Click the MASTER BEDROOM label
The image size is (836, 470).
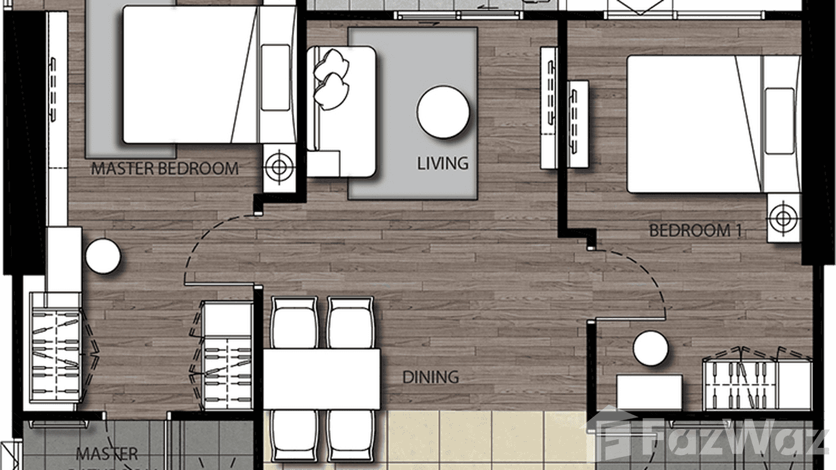coord(164,168)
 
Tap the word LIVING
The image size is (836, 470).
coord(442,164)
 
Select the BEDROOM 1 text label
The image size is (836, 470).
coord(695,231)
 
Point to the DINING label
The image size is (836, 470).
coord(430,377)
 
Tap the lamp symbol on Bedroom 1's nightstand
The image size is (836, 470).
coord(782,218)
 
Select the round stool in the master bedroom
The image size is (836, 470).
coord(103,256)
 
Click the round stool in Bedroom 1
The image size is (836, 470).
coord(650,348)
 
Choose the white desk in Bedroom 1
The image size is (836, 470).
coord(649,391)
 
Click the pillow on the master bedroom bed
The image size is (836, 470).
coord(276,77)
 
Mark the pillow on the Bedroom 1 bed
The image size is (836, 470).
coord(779,121)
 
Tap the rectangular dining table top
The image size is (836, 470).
coord(321,378)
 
